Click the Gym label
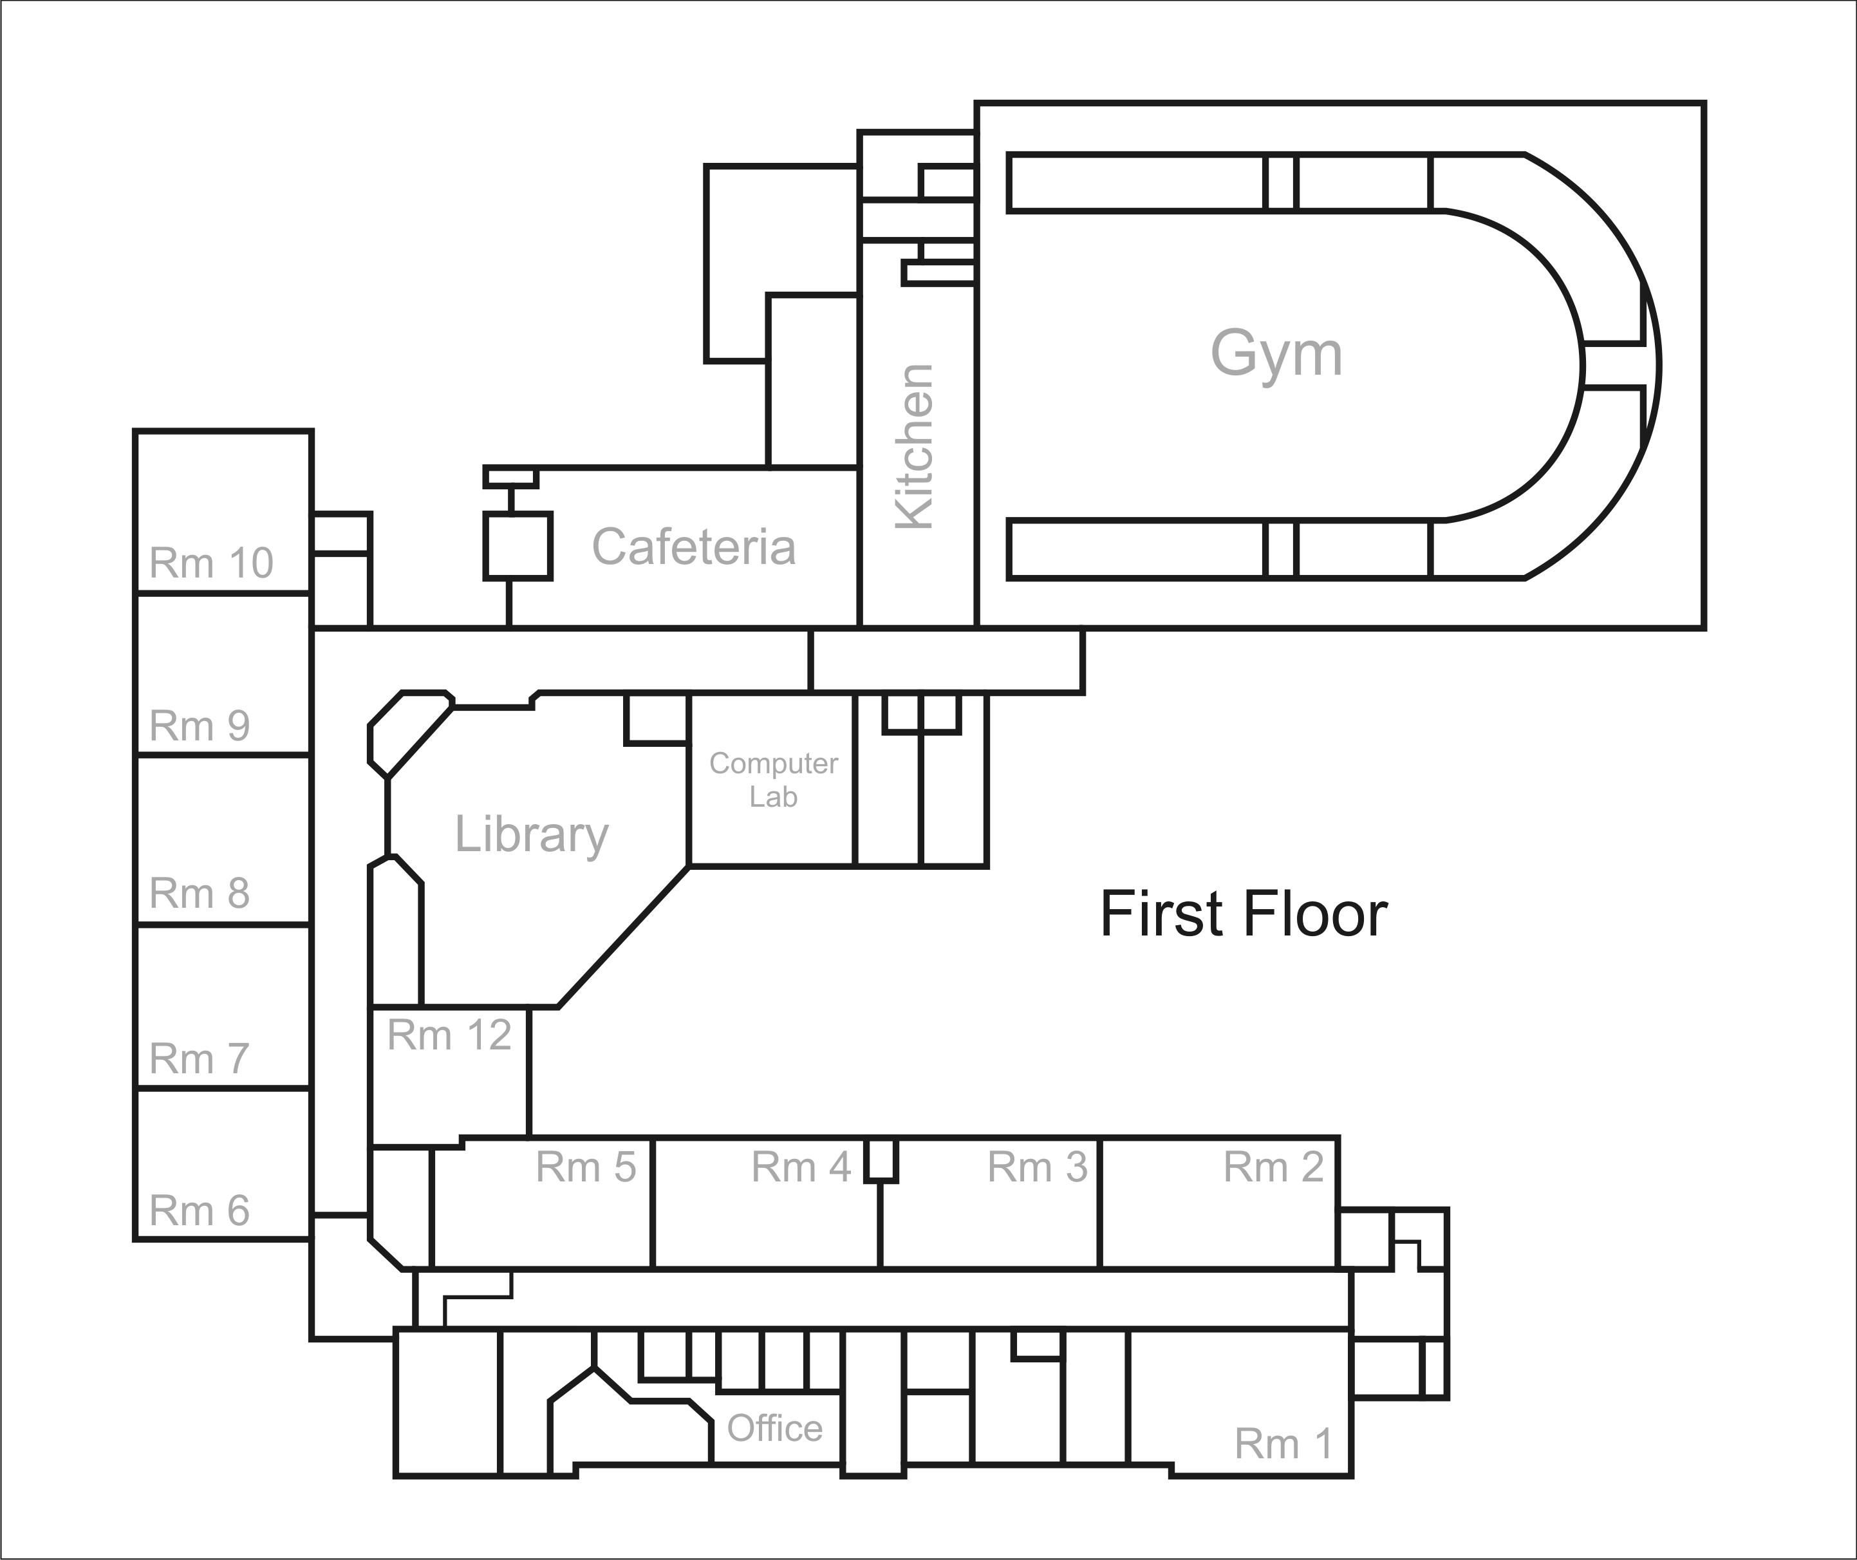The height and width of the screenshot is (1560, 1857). [1276, 353]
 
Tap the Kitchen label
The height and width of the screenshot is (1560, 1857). [915, 447]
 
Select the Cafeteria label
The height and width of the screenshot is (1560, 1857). [693, 547]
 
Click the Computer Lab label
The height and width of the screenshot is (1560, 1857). [773, 780]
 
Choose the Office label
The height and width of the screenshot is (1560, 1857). [774, 1428]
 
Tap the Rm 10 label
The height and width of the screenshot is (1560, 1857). [211, 563]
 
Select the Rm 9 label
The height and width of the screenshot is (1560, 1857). [200, 726]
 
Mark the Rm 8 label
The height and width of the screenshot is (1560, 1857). [200, 893]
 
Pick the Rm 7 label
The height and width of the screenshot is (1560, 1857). [200, 1058]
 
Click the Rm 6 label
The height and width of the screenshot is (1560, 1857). [200, 1210]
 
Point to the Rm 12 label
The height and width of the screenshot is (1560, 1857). [449, 1035]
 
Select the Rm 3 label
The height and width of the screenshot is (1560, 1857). [1037, 1167]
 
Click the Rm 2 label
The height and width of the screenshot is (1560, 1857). [1273, 1167]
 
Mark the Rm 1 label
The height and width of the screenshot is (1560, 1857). [1283, 1444]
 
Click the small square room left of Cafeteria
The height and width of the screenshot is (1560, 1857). [518, 547]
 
